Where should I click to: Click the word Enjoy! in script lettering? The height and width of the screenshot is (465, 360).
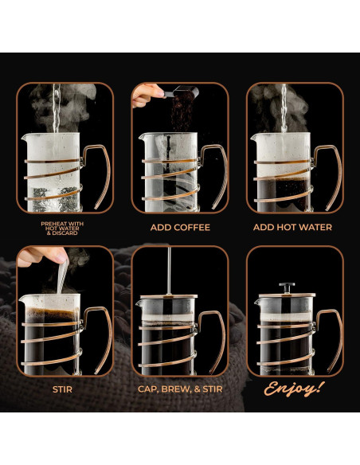tap(295, 389)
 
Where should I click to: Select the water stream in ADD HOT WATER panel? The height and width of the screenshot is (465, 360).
tap(283, 107)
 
